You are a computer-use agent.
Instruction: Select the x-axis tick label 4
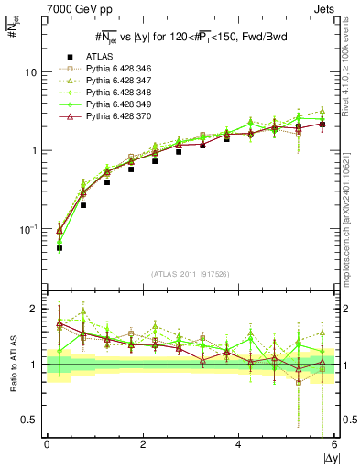tap(239, 443)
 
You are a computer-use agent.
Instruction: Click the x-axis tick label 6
tap(334, 443)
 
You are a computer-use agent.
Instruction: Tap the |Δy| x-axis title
tap(326, 457)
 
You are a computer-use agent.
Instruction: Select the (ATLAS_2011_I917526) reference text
tap(191, 275)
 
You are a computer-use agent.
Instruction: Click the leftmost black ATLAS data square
tap(60, 248)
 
